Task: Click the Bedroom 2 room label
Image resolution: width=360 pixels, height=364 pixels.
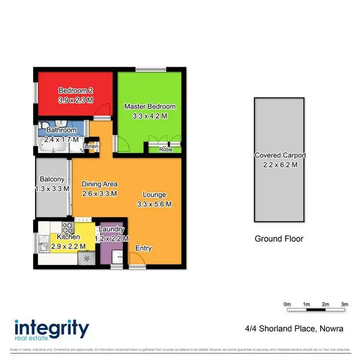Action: pyautogui.click(x=72, y=90)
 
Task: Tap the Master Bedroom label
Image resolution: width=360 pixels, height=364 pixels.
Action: pyautogui.click(x=150, y=106)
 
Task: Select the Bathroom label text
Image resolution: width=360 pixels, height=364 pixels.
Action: pyautogui.click(x=61, y=130)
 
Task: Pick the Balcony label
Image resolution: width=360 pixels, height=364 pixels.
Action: pyautogui.click(x=51, y=180)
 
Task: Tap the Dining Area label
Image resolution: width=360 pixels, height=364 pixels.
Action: pyautogui.click(x=99, y=184)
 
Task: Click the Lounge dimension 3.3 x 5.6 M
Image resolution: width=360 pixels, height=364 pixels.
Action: pyautogui.click(x=154, y=204)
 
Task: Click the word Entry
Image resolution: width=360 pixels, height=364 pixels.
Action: pyautogui.click(x=144, y=248)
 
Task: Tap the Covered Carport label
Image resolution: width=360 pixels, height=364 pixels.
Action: pyautogui.click(x=280, y=156)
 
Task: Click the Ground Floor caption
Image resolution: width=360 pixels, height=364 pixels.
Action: pyautogui.click(x=279, y=239)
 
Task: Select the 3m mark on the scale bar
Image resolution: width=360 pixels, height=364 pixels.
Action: pyautogui.click(x=344, y=304)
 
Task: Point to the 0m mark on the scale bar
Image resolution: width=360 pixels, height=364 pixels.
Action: pyautogui.click(x=288, y=304)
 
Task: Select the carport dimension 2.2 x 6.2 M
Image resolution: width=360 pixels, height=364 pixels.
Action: pyautogui.click(x=280, y=165)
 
